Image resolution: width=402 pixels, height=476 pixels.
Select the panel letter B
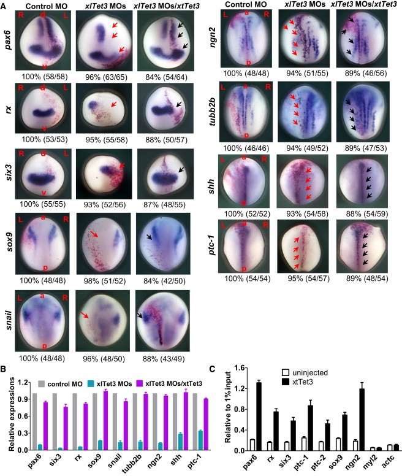pos(6,369)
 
